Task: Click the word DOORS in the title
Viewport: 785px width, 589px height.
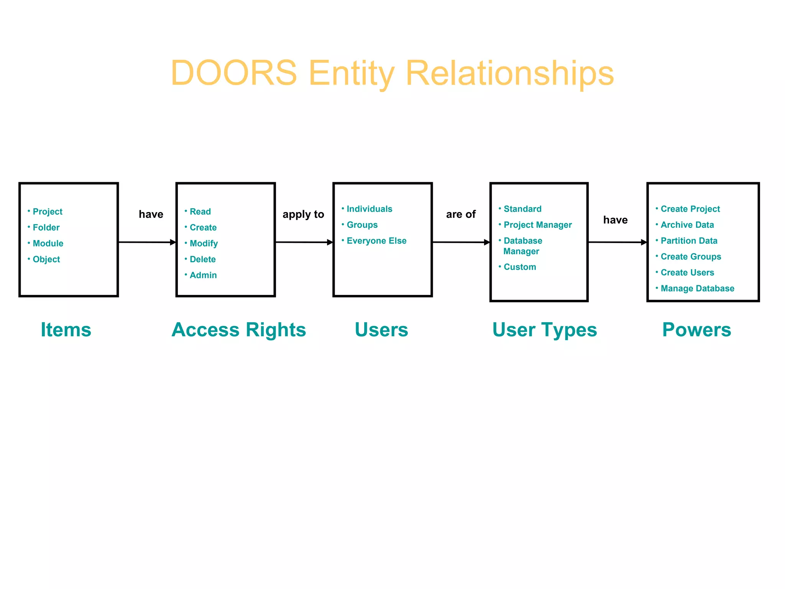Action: (234, 73)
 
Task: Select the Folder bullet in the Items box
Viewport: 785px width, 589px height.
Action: (46, 227)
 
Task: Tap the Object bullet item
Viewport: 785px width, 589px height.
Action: (46, 259)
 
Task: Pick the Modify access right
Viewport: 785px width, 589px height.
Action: (204, 243)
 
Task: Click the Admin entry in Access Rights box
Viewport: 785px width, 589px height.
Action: (203, 275)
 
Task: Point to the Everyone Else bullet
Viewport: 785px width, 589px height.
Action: (376, 241)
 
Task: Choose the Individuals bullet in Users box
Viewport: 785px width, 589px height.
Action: (369, 209)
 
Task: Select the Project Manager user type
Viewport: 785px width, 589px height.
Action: (537, 225)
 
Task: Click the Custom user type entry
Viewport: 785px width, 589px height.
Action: (520, 267)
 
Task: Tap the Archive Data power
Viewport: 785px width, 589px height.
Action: (687, 225)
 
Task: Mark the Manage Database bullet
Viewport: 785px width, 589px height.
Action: (697, 288)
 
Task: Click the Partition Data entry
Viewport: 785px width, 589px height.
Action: (689, 241)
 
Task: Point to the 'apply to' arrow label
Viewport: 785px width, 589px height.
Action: (303, 214)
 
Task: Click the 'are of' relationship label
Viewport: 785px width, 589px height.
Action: (461, 214)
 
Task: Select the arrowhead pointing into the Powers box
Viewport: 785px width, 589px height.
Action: (644, 242)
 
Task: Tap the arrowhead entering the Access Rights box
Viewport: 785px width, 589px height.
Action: (173, 242)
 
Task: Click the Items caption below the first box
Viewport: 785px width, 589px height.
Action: (66, 330)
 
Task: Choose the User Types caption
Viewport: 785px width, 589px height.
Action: (545, 330)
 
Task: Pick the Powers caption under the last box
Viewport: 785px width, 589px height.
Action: (696, 330)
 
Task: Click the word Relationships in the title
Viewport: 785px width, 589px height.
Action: (509, 73)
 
